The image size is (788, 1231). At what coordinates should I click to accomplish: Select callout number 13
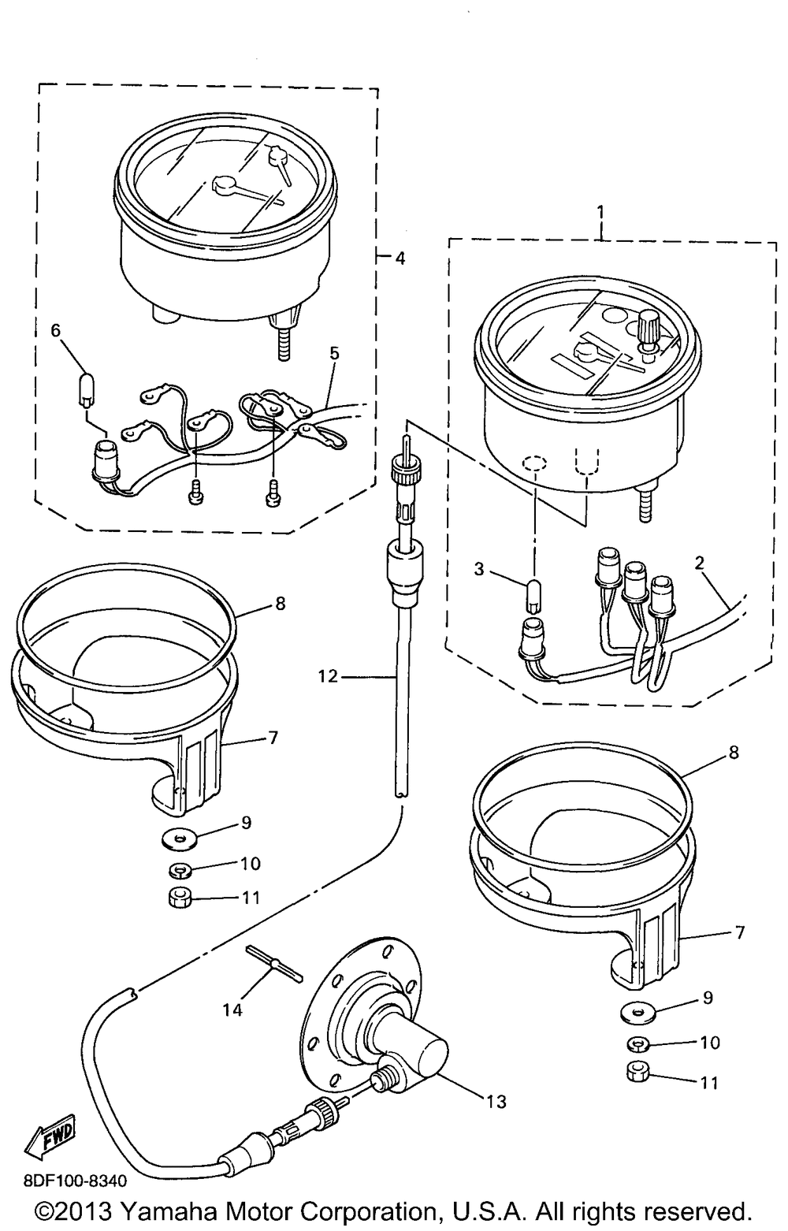pos(496,1101)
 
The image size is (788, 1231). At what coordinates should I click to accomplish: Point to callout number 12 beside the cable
pos(329,675)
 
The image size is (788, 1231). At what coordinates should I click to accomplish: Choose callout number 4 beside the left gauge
pos(400,258)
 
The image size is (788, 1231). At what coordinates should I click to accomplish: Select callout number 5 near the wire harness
pos(335,354)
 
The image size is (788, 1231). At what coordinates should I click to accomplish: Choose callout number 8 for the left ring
pos(280,604)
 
